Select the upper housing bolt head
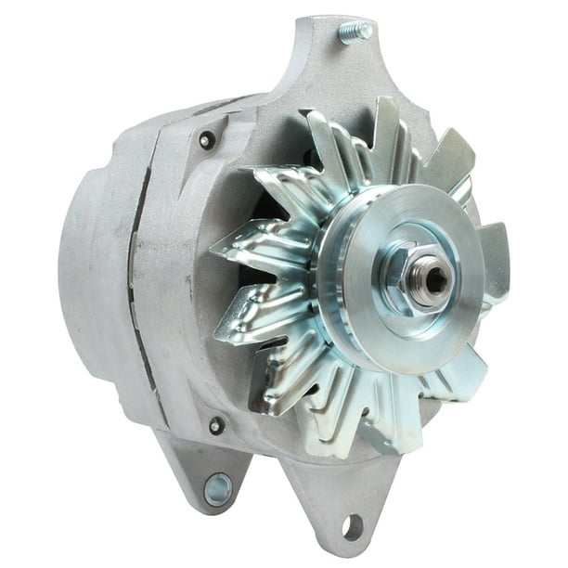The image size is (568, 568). [207, 140]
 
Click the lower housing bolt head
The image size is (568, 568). [216, 426]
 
